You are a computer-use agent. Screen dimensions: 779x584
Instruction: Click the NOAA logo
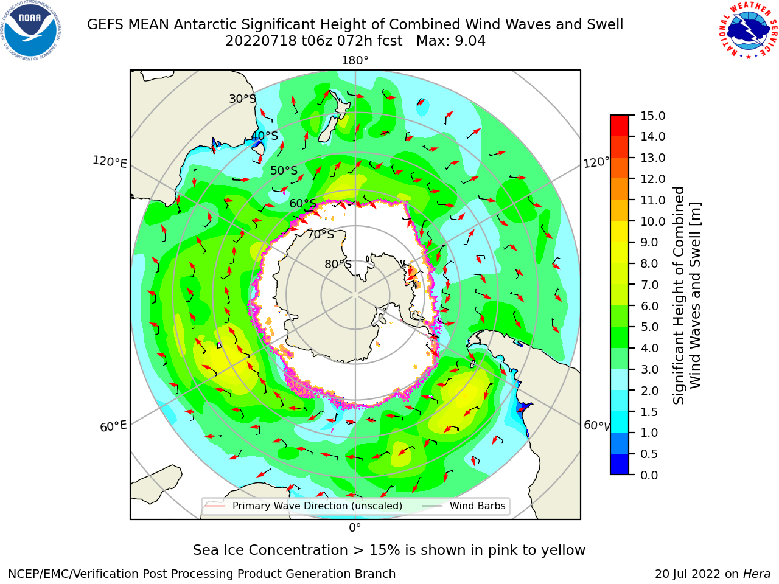31,31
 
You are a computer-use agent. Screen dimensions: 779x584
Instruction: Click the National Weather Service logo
748,30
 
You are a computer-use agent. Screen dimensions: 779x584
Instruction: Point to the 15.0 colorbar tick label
652,116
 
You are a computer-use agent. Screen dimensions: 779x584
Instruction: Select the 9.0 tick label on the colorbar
649,243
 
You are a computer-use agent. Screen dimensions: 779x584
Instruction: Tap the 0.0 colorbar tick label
649,475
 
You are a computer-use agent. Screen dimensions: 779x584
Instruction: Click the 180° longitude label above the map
355,61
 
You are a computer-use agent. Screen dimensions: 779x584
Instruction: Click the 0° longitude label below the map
355,528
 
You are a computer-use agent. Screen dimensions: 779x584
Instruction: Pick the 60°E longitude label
113,426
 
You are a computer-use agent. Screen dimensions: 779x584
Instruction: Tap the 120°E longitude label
110,162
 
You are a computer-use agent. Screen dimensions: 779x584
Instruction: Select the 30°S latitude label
242,99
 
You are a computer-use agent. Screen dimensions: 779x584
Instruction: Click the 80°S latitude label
338,264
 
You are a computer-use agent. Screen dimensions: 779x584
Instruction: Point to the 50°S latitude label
284,170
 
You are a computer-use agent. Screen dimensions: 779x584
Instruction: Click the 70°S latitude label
321,234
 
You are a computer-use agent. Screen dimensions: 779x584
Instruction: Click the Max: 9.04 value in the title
451,41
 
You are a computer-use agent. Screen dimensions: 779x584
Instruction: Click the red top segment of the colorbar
620,125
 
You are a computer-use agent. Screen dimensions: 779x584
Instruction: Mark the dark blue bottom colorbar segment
620,464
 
